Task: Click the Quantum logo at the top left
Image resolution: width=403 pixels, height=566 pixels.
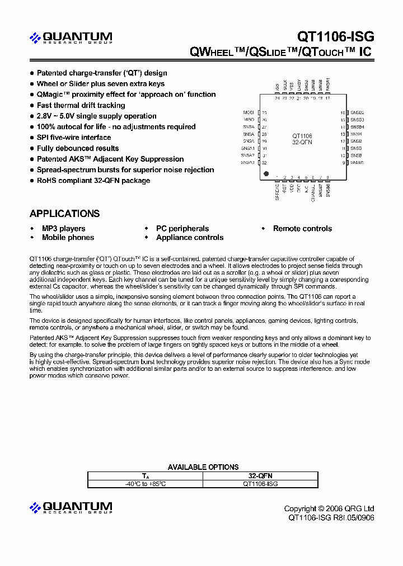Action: point(71,38)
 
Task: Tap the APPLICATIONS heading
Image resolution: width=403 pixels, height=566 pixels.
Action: point(64,214)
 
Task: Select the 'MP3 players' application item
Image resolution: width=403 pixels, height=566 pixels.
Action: point(63,229)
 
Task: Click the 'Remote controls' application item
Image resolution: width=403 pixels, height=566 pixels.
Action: point(302,229)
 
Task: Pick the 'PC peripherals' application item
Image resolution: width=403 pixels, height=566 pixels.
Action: point(182,229)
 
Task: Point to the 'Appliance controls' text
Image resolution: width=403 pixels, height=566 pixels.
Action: point(190,238)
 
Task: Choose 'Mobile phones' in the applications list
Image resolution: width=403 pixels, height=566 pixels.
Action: point(68,238)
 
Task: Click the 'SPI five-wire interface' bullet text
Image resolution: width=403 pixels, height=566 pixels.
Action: point(74,138)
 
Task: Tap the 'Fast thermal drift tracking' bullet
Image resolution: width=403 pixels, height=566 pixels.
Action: point(81,105)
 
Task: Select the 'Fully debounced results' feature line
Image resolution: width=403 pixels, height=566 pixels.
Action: point(78,148)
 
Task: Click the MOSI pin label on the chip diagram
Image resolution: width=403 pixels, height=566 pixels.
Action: point(249,112)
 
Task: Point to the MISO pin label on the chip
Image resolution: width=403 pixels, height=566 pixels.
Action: point(249,120)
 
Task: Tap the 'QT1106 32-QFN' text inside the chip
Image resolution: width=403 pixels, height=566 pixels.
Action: point(302,139)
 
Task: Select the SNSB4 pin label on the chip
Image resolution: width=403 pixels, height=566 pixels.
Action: point(357,127)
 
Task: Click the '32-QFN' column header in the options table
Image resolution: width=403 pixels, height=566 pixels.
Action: point(260,475)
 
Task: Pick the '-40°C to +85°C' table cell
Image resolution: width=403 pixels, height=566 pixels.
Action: point(145,483)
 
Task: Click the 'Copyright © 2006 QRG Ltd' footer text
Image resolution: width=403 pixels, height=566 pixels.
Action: point(329,508)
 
